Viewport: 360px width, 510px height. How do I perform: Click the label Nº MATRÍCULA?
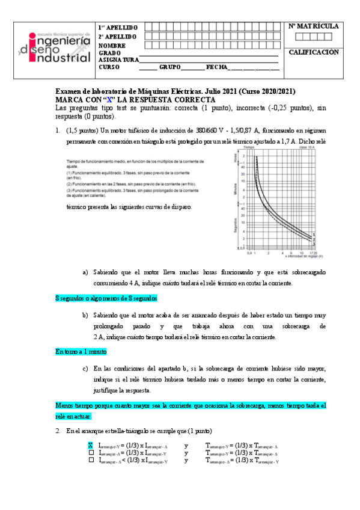(314, 26)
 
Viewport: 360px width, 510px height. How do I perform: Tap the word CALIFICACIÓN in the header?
(314, 52)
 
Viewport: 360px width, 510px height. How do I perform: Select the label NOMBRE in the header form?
(112, 46)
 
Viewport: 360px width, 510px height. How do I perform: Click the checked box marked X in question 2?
(91, 445)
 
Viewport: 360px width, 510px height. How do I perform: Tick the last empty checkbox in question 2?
(91, 461)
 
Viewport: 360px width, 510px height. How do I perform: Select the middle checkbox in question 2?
(91, 453)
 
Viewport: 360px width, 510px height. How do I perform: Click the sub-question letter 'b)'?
(85, 315)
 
